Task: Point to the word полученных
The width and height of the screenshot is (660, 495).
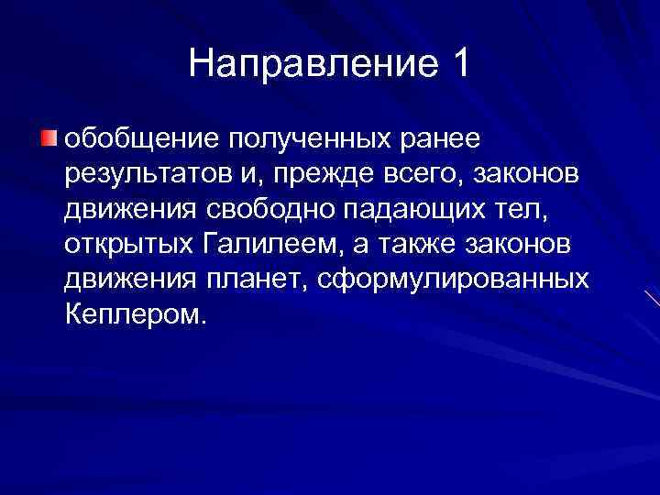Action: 291,139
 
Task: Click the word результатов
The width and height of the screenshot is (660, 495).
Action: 141,174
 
